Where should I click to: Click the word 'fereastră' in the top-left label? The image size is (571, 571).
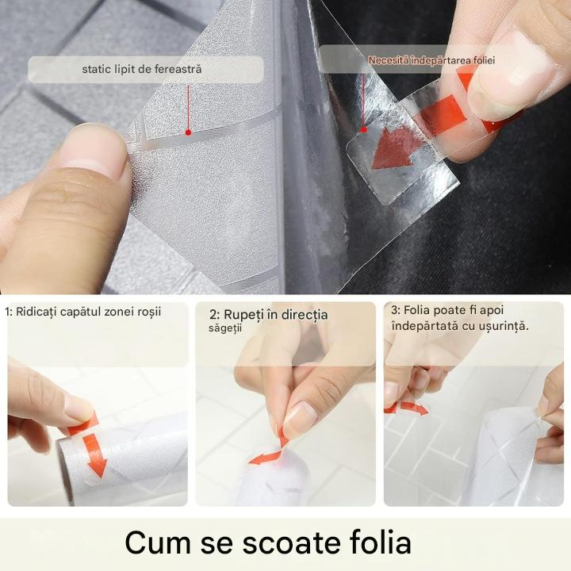click(x=178, y=69)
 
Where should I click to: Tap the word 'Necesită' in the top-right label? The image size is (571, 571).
click(x=389, y=60)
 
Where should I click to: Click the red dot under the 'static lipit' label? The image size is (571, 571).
click(x=188, y=132)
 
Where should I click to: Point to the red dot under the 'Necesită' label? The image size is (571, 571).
click(x=363, y=129)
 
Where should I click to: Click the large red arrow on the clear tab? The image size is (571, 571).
click(x=393, y=148)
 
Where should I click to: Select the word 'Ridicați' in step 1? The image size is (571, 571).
click(x=36, y=312)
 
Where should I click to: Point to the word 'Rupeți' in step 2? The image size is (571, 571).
click(x=243, y=315)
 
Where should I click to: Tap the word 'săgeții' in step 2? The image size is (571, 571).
click(x=225, y=328)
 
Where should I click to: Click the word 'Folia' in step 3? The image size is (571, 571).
click(x=417, y=310)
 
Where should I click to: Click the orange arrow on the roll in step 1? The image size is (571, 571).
click(x=94, y=455)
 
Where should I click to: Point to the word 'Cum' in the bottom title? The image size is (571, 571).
click(x=158, y=543)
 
